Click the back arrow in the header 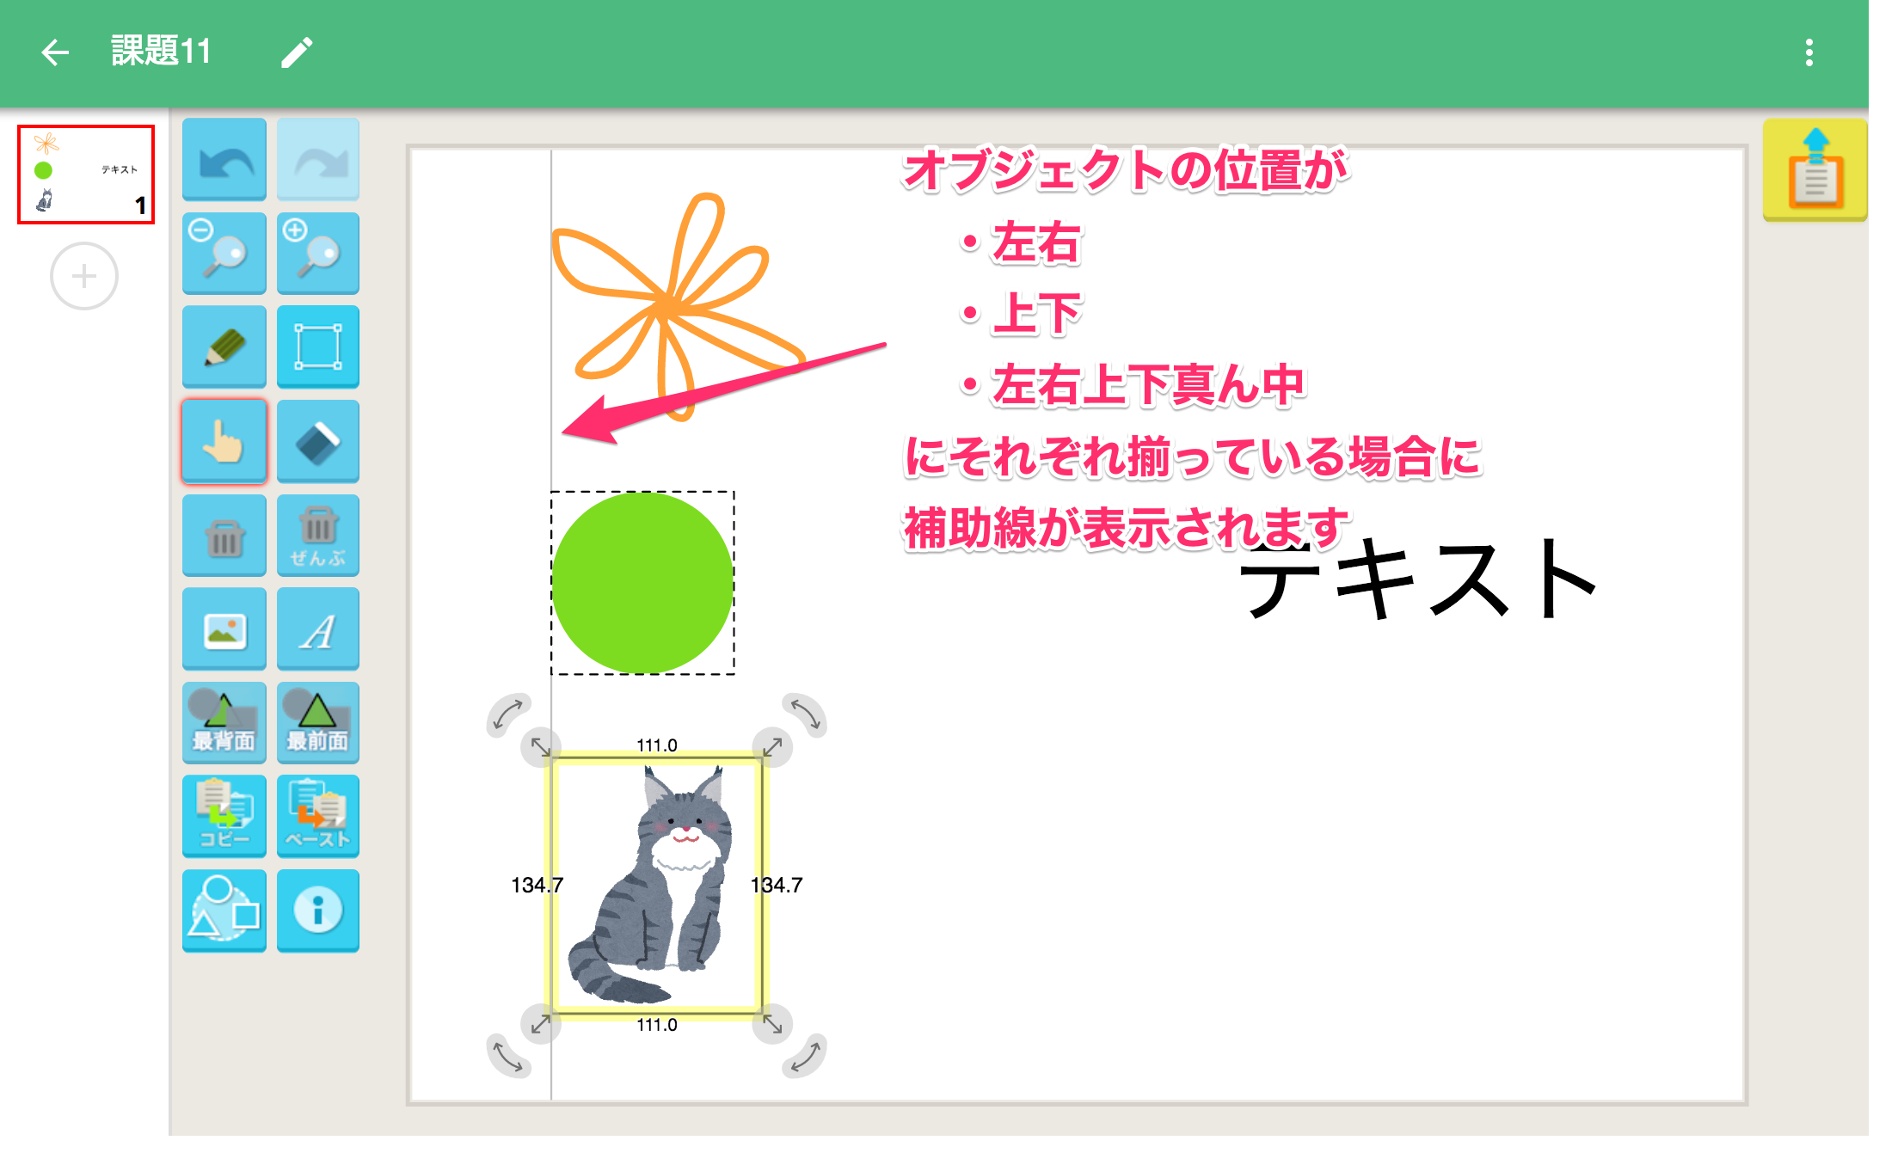(x=55, y=52)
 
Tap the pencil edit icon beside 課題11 (x=297, y=52)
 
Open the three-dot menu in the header (x=1809, y=52)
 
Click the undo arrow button (x=224, y=159)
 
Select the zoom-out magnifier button (x=224, y=253)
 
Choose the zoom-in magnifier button (x=318, y=253)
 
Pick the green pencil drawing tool (x=224, y=346)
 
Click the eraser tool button (x=318, y=441)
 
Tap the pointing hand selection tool (x=224, y=441)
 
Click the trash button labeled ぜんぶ (x=318, y=535)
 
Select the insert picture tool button (x=224, y=628)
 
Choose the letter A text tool (x=318, y=628)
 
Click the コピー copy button (x=224, y=816)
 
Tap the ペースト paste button (x=318, y=816)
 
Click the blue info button (x=318, y=910)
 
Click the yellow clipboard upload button (x=1815, y=169)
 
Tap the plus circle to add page (x=84, y=276)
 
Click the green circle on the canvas (x=642, y=582)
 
